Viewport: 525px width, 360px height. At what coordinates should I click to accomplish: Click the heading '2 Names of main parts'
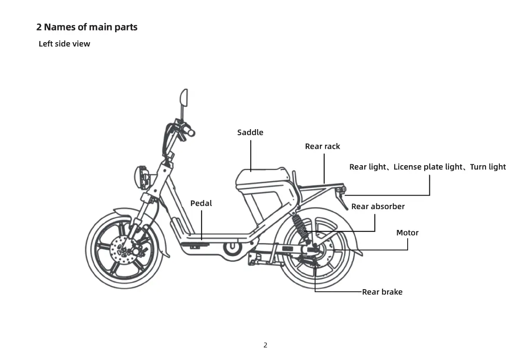(86, 27)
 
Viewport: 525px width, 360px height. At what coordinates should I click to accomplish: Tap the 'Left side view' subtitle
(64, 44)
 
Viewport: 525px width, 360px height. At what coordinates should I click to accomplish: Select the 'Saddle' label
(250, 132)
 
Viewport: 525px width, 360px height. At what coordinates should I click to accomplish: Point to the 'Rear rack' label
(322, 147)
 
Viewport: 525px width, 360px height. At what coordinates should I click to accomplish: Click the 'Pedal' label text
(201, 203)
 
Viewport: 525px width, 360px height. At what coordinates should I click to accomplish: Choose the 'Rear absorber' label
(378, 207)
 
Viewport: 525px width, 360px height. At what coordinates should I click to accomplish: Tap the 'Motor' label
(407, 233)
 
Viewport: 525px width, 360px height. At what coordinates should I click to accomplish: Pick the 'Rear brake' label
(382, 292)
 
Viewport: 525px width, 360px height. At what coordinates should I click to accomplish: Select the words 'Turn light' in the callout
(488, 167)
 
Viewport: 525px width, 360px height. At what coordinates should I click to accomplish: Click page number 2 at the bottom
(265, 345)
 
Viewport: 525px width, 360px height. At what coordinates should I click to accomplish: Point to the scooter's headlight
(141, 177)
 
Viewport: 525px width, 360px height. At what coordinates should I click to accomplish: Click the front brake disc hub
(124, 251)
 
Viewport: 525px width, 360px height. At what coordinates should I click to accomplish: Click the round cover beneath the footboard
(232, 249)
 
